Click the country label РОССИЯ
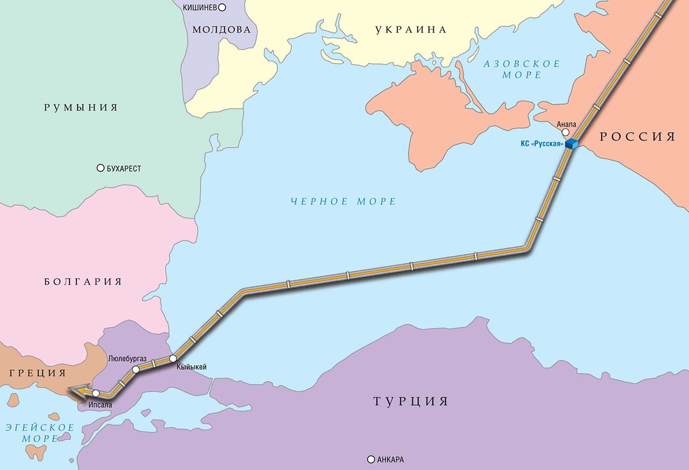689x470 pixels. tap(637, 136)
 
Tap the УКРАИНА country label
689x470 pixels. tap(411, 30)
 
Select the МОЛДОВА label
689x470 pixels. tap(222, 30)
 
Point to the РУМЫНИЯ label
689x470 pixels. tap(81, 107)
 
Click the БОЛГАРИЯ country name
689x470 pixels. tap(83, 281)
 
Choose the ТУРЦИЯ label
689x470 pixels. tap(410, 401)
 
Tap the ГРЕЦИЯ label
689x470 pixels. tap(35, 373)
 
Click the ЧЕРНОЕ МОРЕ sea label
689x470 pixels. tap(343, 201)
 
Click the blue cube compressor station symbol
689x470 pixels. tap(571, 143)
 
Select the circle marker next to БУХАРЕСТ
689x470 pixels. tap(100, 169)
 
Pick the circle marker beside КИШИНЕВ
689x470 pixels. tap(223, 7)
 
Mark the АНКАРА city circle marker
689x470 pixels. tap(371, 459)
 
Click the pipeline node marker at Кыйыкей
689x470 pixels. tap(172, 359)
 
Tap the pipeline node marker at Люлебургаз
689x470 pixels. tap(136, 370)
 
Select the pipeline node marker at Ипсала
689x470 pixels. tap(96, 393)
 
